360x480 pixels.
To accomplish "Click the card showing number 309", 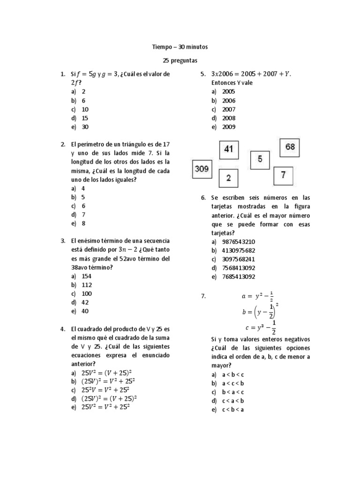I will click(x=202, y=169).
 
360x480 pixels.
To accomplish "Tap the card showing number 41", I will click(x=228, y=150).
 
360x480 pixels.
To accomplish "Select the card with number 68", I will click(x=290, y=148).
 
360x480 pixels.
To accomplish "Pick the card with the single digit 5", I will click(x=260, y=160).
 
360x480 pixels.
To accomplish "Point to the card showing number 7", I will click(x=283, y=176).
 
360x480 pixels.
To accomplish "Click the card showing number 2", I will click(x=228, y=178).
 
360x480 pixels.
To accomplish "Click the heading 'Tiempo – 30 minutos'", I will click(x=180, y=47).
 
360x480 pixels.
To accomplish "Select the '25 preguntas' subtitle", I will click(x=180, y=60).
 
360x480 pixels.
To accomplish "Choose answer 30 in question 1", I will click(x=85, y=127).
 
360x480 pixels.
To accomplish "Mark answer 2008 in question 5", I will click(x=229, y=118).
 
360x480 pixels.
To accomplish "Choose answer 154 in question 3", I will click(x=86, y=276).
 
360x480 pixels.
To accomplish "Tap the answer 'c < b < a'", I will click(x=233, y=409).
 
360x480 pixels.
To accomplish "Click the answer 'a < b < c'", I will click(x=233, y=375).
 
